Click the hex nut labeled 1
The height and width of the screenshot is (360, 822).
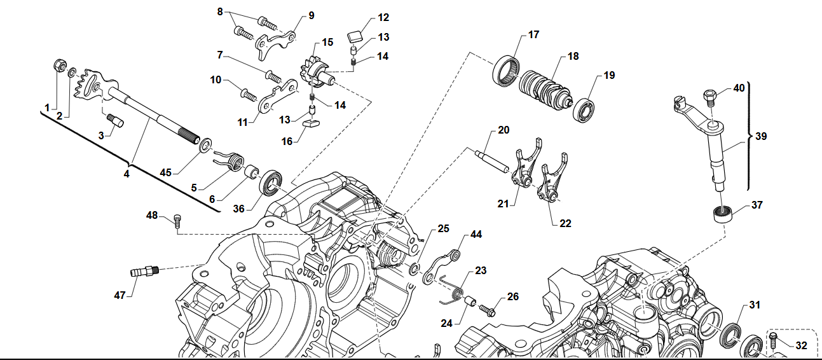coord(57,66)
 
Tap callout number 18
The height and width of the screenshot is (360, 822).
coord(573,57)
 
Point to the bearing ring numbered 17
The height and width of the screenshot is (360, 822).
coord(507,69)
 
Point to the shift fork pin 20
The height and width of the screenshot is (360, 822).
coord(492,159)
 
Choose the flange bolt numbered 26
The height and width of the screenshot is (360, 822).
coord(489,310)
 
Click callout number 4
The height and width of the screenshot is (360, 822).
coord(127,173)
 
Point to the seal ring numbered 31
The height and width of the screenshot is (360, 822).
coord(732,333)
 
